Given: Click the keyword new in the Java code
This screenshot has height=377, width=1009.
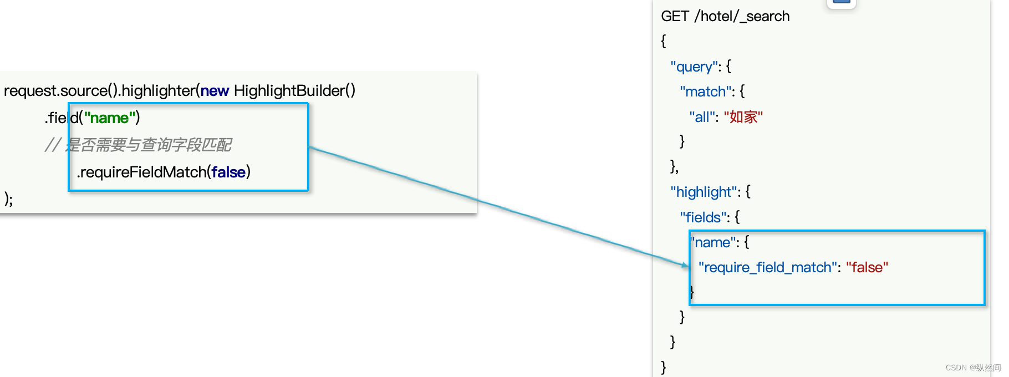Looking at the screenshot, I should pyautogui.click(x=215, y=90).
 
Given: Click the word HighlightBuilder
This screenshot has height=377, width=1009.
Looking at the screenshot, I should pyautogui.click(x=288, y=90).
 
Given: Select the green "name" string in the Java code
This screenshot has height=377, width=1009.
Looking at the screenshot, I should pyautogui.click(x=110, y=118).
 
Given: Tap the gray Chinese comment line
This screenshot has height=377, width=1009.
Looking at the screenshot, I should pyautogui.click(x=139, y=145).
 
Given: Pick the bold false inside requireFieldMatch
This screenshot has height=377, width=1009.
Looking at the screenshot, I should pyautogui.click(x=228, y=172).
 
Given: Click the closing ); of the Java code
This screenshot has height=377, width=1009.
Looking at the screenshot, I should pyautogui.click(x=8, y=198).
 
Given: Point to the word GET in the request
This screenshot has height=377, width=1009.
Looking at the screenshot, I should pyautogui.click(x=675, y=16).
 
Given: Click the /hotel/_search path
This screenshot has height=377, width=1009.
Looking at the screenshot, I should pyautogui.click(x=742, y=16).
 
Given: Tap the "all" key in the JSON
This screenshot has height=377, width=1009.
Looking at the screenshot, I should pyautogui.click(x=702, y=117).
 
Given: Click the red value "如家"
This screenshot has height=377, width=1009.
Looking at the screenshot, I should pyautogui.click(x=743, y=117).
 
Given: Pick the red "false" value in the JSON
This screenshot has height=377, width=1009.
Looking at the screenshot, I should pyautogui.click(x=867, y=267).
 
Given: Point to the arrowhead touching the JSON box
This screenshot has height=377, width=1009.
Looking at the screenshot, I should pyautogui.click(x=685, y=265).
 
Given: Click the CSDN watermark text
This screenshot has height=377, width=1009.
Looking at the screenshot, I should pyautogui.click(x=973, y=368).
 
